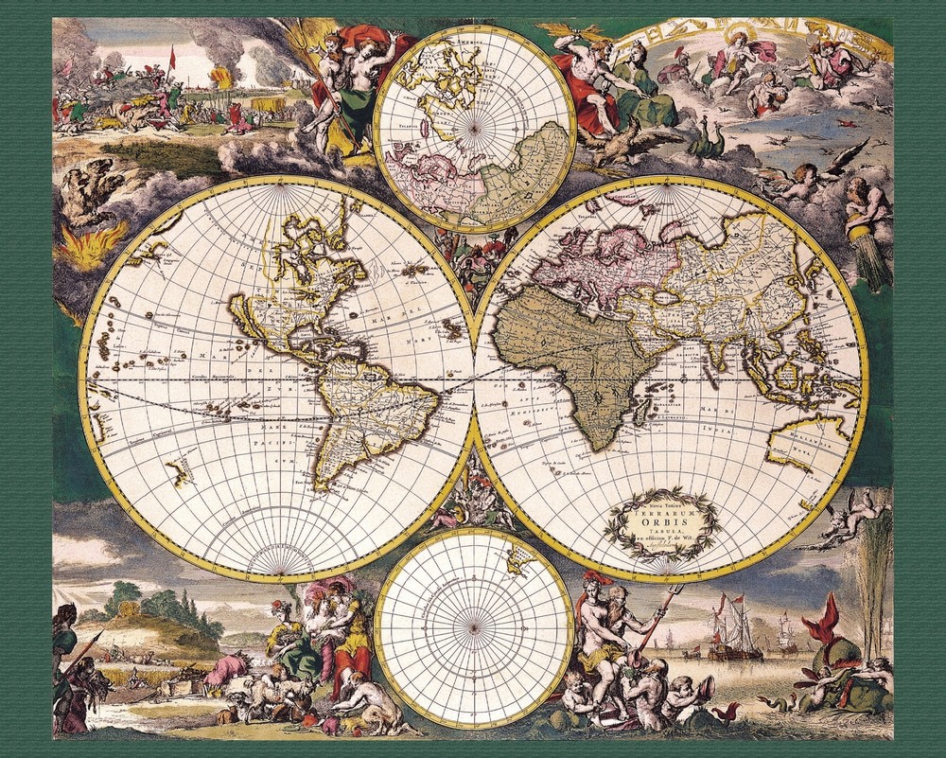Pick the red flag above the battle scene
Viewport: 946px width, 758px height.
point(172,57)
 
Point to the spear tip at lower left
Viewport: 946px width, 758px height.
point(98,636)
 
